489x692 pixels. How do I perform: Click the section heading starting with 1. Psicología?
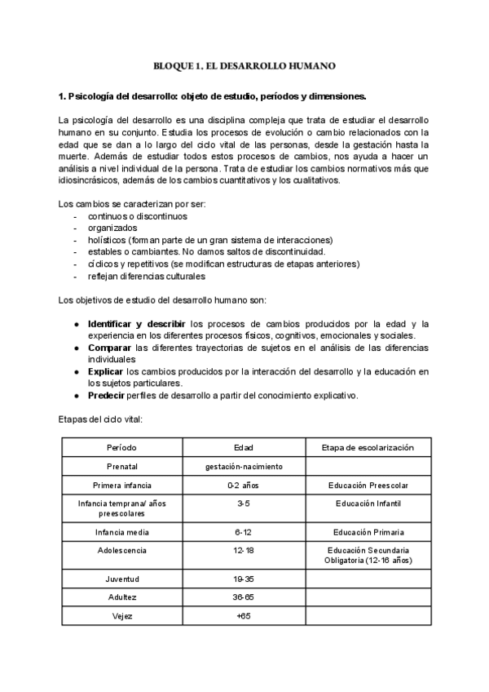click(x=207, y=95)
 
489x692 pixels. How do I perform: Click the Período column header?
click(x=121, y=448)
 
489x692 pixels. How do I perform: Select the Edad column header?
click(x=244, y=448)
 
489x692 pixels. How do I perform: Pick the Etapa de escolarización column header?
click(x=368, y=448)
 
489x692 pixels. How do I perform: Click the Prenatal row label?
click(x=121, y=467)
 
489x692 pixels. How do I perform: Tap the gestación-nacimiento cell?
click(x=244, y=467)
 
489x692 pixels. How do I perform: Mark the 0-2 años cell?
click(x=244, y=486)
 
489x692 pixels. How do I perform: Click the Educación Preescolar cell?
click(x=368, y=486)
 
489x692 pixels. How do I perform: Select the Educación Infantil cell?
click(x=368, y=503)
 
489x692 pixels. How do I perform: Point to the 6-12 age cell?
click(x=244, y=532)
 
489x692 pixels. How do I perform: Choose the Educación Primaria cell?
click(x=368, y=532)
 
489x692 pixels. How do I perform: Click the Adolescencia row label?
click(x=121, y=551)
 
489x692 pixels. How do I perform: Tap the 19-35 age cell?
click(x=244, y=579)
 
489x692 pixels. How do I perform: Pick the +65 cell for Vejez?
click(x=244, y=616)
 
